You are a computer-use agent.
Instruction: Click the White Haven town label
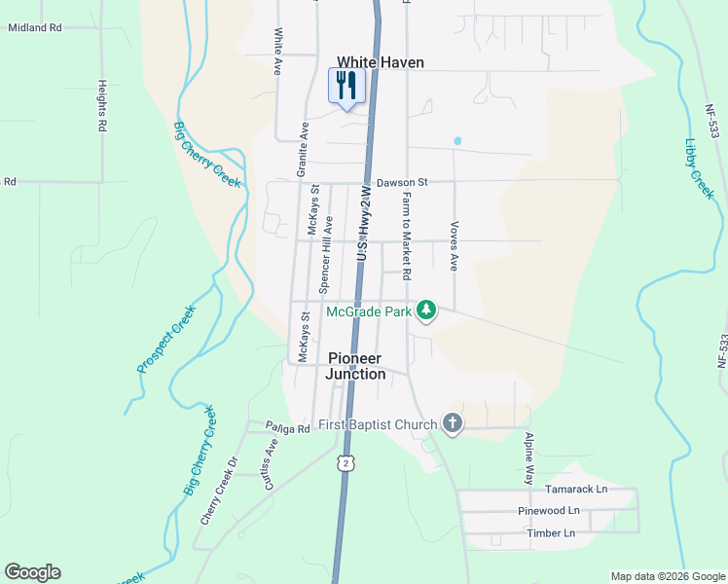point(381,62)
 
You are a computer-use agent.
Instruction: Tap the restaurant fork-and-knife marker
point(346,85)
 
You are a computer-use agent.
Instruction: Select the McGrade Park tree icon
point(425,310)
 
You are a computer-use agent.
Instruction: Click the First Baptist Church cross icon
point(451,423)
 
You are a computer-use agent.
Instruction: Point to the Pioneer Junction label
point(356,366)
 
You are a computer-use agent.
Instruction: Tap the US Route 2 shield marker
point(345,462)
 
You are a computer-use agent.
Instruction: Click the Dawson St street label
point(402,182)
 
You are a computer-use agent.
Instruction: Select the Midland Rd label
point(34,28)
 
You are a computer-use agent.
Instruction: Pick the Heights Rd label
point(101,105)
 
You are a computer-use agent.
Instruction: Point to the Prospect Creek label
point(166,339)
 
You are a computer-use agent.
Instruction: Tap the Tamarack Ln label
point(575,489)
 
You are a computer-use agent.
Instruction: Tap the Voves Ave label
point(454,244)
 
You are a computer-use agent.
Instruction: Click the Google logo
point(32,572)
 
